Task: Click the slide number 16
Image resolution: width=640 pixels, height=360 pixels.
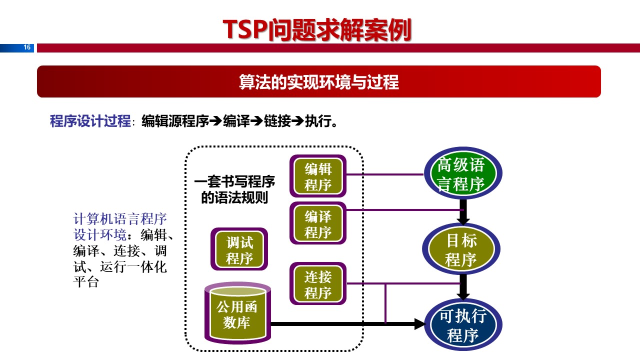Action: coord(27,48)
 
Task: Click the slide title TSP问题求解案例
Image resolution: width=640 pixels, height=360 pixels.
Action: coord(317,30)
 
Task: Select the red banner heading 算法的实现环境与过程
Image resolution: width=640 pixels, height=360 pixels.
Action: coord(319,82)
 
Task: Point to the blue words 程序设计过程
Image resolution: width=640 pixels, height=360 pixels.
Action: coord(90,121)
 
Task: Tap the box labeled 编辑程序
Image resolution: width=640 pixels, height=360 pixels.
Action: coord(318,176)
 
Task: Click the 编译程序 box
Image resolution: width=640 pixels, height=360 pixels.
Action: coord(318,223)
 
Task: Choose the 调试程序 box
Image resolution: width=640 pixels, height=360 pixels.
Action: coord(239,250)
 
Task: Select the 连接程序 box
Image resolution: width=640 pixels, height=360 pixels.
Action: coord(318,283)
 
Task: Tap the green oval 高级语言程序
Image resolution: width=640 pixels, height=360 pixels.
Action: coord(461,174)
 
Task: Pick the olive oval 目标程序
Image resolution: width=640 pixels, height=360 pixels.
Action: coord(461,249)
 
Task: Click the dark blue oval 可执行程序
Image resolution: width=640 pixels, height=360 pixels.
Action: coord(462,325)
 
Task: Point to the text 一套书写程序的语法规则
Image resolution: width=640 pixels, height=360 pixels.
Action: coord(234,190)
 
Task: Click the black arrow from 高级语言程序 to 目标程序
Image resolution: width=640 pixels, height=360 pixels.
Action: coord(463,212)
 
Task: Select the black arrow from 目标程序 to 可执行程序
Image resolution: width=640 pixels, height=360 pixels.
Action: coord(463,287)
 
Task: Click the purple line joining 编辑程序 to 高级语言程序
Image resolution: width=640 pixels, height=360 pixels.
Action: coord(385,174)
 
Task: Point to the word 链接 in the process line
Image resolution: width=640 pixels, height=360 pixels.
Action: coord(277,121)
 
